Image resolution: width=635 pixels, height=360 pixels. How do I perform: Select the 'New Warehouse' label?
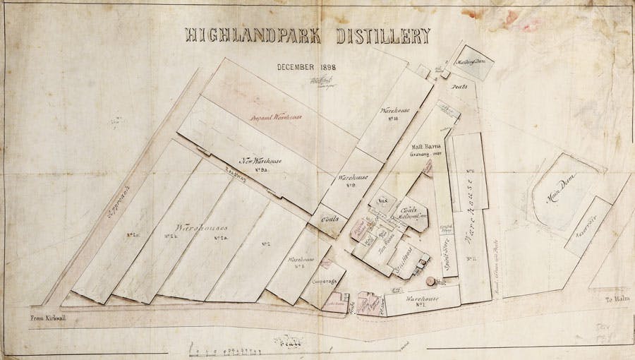point(261,162)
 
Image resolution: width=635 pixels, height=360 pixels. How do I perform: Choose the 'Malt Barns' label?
point(426,146)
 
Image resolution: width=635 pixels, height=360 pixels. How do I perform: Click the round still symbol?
point(430,281)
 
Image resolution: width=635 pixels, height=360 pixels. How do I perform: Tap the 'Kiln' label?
point(384,202)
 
